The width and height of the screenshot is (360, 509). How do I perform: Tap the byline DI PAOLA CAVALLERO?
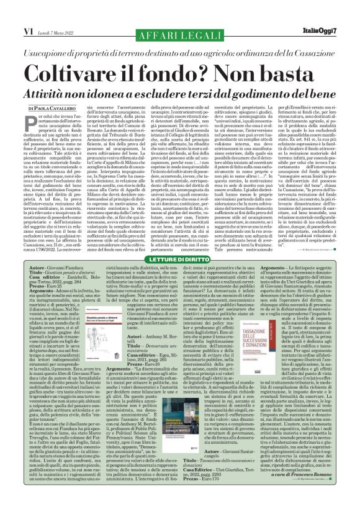[x=46, y=109]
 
